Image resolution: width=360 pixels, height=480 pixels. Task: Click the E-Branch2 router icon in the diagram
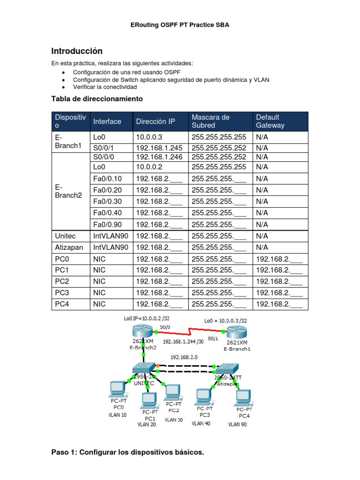[142, 334]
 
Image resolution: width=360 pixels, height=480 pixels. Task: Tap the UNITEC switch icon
[142, 369]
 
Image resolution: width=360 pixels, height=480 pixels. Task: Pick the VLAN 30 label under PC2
[173, 420]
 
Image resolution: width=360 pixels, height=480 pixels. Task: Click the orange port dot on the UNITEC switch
[158, 365]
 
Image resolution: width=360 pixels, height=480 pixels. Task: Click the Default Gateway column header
[270, 121]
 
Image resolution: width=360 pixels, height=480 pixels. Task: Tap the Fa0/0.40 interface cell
[108, 213]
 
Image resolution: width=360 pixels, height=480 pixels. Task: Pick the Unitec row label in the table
[65, 236]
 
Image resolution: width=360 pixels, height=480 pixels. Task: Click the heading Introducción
[76, 51]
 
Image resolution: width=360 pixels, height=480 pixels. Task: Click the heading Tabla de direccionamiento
[97, 99]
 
